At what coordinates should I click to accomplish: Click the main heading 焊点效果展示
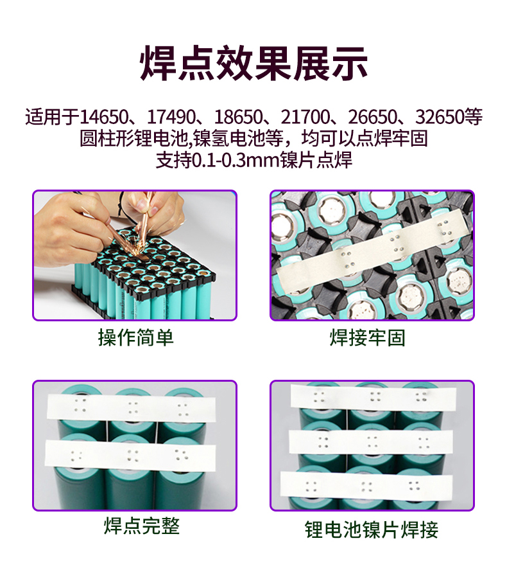coord(253,62)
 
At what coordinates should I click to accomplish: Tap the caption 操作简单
coord(135,337)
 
